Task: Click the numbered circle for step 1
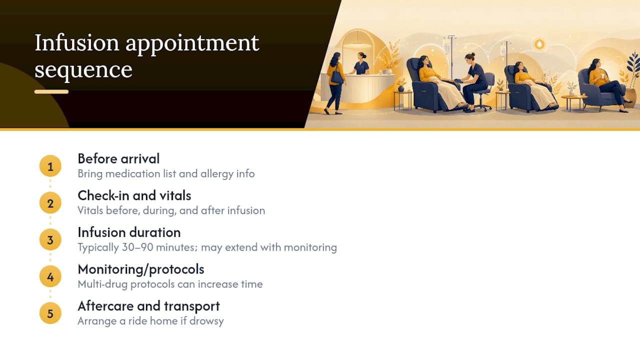50,166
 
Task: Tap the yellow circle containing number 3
50,239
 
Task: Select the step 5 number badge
50,313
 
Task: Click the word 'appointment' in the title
192,43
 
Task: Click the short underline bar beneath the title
51,91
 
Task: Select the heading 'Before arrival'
118,158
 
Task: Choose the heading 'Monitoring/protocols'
141,269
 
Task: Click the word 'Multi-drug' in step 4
102,284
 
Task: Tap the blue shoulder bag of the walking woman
337,77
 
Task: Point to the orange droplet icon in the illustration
539,44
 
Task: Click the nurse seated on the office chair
472,81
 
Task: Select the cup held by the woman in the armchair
602,76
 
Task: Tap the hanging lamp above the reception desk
358,45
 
